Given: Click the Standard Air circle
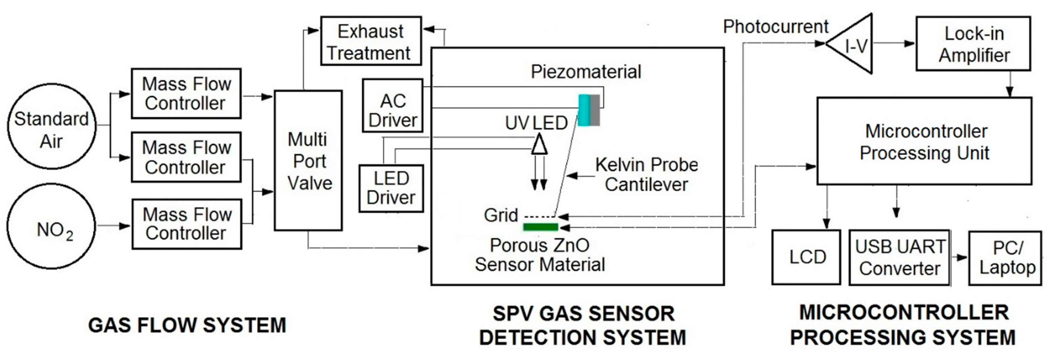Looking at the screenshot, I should (x=51, y=126).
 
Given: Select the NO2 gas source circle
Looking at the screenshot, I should (x=51, y=226).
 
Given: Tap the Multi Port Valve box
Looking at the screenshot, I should (x=308, y=161).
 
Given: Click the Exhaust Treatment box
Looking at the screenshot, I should (x=370, y=41).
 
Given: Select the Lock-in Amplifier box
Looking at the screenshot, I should (x=973, y=44).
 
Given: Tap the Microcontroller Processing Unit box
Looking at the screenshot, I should (x=924, y=141).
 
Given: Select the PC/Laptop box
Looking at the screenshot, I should (x=1007, y=258).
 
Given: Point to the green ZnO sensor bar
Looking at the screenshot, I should (x=540, y=227).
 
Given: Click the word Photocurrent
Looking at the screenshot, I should (x=775, y=27).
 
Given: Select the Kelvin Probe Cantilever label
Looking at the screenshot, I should (x=646, y=174).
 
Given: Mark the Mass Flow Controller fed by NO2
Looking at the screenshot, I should (x=187, y=224).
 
